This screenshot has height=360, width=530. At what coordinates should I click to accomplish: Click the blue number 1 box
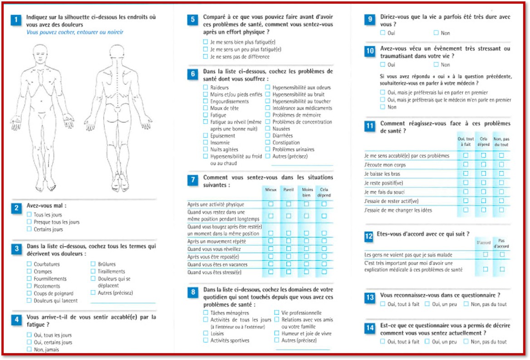[16, 20]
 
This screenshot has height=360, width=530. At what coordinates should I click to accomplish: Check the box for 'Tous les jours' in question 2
[29, 215]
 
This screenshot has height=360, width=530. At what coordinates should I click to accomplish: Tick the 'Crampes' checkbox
[29, 272]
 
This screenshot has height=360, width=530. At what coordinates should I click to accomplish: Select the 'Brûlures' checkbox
[93, 264]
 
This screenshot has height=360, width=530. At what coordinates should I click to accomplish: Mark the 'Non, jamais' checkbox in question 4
[29, 350]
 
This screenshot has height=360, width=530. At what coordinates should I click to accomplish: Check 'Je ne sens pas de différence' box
[206, 57]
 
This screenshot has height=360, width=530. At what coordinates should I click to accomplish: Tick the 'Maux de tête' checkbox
[206, 108]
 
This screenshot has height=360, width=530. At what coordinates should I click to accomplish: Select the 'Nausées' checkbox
[268, 129]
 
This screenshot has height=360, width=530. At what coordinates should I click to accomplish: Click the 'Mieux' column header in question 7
[271, 190]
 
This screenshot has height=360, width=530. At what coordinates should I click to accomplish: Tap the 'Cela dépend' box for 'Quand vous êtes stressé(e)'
[324, 272]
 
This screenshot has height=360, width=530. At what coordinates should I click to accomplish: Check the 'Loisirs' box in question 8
[206, 333]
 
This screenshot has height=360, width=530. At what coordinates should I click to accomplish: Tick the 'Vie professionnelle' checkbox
[277, 312]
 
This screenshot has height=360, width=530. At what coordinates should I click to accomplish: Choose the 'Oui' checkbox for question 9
[383, 33]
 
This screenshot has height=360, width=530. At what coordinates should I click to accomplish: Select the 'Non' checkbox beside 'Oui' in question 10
[436, 65]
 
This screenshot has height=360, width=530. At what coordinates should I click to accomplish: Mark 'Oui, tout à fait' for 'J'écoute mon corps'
[466, 165]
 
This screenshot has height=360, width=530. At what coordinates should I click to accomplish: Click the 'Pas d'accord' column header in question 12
[501, 243]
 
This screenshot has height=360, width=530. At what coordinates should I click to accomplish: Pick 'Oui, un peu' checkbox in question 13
[427, 304]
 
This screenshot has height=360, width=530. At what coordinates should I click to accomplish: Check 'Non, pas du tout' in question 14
[466, 342]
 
